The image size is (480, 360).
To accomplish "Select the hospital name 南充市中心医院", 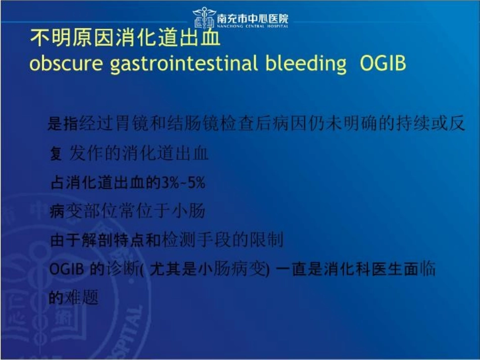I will (253, 18).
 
